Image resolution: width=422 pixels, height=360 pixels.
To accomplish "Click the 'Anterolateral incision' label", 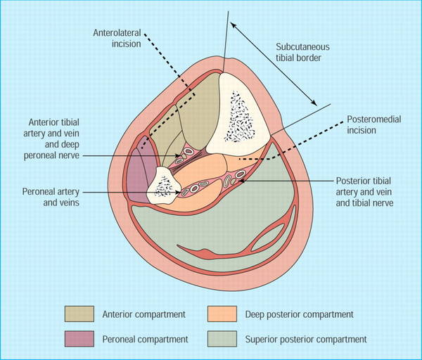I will [117, 37].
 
